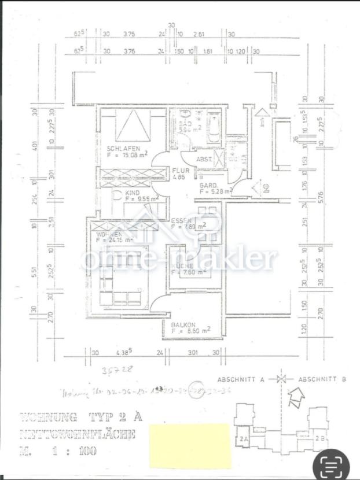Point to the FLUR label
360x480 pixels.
coord(178,171)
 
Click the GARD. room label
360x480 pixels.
coord(208,185)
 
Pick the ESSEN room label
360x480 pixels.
coord(182,221)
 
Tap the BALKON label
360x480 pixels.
coord(182,325)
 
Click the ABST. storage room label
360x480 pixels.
coord(204,160)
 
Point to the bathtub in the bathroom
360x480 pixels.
coord(214,131)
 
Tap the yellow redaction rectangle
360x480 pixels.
coord(190,445)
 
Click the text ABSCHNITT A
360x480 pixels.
coord(241,379)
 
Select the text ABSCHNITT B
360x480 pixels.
coord(322,379)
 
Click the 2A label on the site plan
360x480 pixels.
coord(243,440)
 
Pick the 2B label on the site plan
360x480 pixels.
coord(319,439)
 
